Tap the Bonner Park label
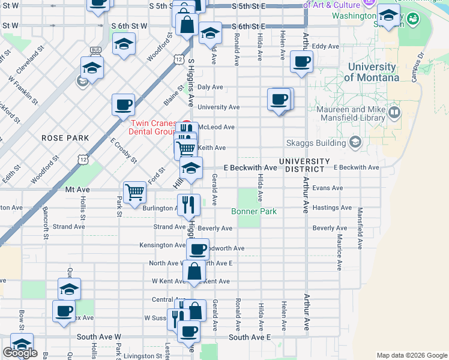pyautogui.click(x=254, y=212)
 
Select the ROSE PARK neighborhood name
pyautogui.click(x=65, y=138)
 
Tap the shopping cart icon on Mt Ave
pyautogui.click(x=135, y=192)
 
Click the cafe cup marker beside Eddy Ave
pyautogui.click(x=301, y=61)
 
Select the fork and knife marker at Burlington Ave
pyautogui.click(x=188, y=204)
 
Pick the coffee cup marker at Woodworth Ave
pyautogui.click(x=197, y=248)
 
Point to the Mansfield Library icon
pyautogui.click(x=394, y=112)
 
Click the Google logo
pyautogui.click(x=20, y=353)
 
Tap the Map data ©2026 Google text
pyautogui.click(x=411, y=355)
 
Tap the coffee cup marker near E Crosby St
pyautogui.click(x=123, y=104)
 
